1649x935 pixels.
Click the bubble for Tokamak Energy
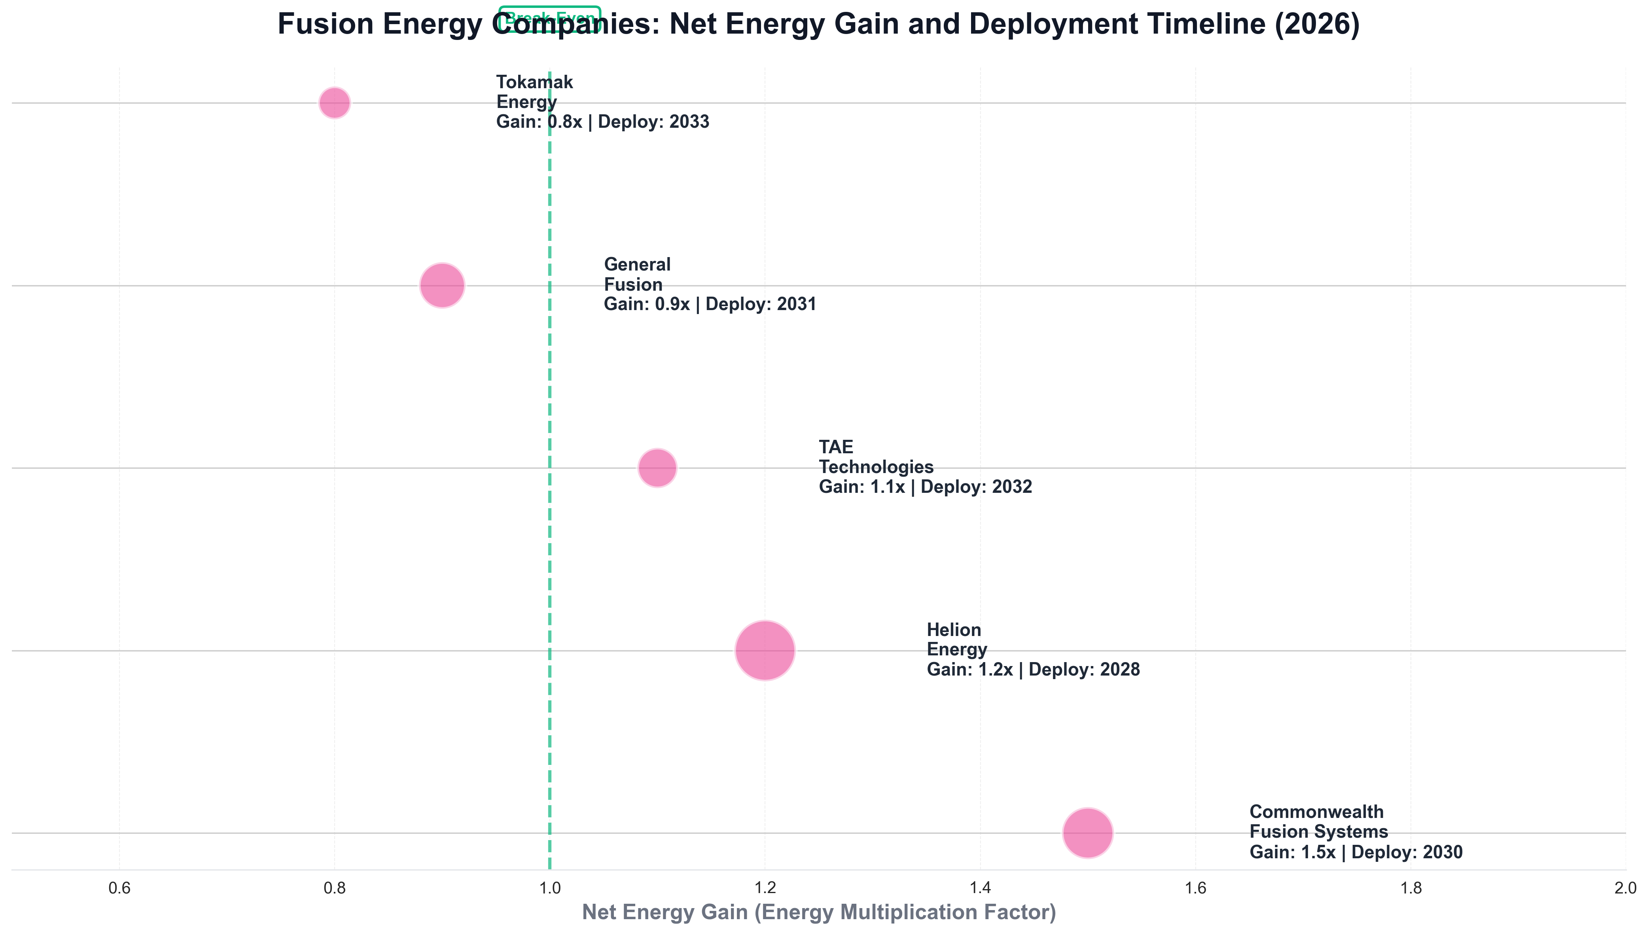tap(335, 103)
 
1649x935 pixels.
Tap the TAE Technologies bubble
tap(657, 468)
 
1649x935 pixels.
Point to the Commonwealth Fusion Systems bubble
tap(1087, 833)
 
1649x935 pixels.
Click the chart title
tap(818, 25)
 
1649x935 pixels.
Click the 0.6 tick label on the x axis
tap(119, 889)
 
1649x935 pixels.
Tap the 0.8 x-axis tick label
tap(335, 889)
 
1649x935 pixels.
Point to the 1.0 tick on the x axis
tap(550, 889)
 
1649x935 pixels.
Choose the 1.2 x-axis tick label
tap(765, 889)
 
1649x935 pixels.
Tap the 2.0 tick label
tap(1624, 889)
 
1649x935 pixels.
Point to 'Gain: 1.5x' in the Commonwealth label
tap(1292, 853)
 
